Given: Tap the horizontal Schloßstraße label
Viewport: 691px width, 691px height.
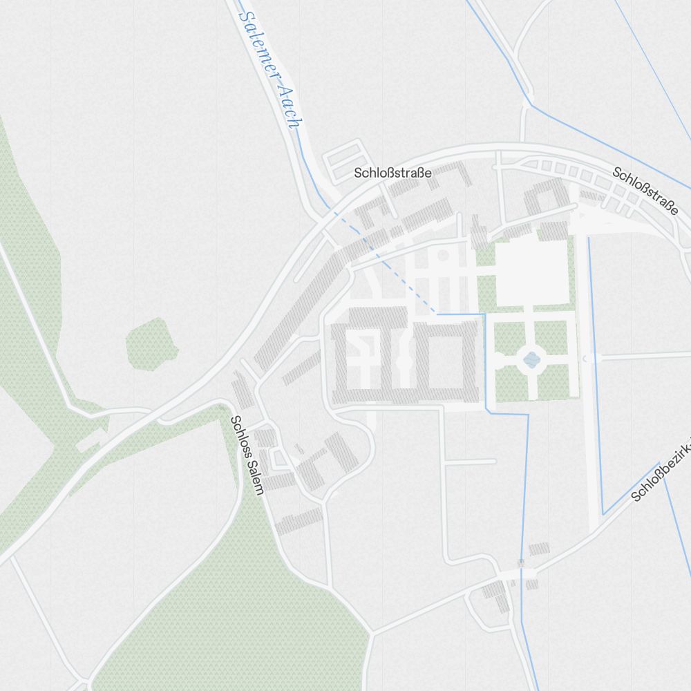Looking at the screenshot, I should click(x=392, y=173).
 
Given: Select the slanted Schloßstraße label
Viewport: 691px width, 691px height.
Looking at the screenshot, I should click(x=645, y=191).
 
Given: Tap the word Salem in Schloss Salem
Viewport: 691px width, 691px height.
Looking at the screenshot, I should click(x=254, y=473).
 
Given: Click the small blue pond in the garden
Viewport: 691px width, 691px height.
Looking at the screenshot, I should click(x=531, y=359).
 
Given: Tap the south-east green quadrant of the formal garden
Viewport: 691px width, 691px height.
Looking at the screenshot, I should click(x=556, y=382).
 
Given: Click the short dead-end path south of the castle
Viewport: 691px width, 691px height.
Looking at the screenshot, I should click(x=470, y=461).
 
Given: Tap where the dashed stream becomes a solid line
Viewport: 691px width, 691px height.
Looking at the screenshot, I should click(x=437, y=314).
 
